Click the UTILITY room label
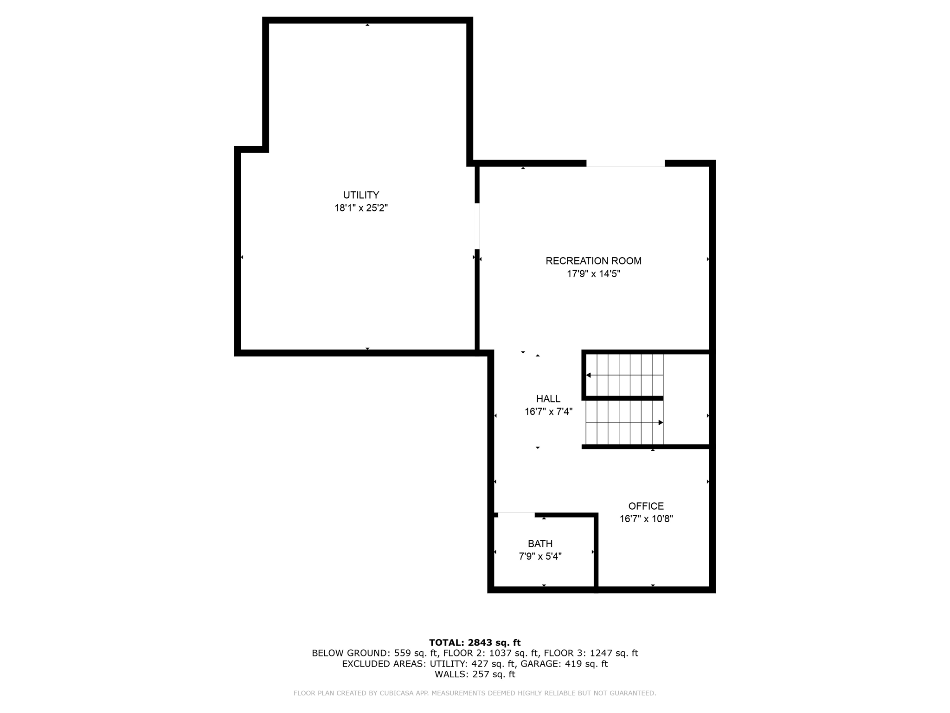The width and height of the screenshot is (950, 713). (x=361, y=195)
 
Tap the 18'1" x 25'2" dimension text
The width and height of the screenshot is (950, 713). (x=361, y=208)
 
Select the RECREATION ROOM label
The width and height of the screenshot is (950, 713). (x=593, y=261)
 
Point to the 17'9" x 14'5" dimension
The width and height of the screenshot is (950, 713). (x=593, y=274)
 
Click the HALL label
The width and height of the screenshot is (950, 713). (x=548, y=399)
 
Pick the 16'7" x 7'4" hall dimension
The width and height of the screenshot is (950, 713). (x=548, y=412)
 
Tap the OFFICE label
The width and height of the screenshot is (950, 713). (x=646, y=506)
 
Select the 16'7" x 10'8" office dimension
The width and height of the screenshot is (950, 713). (x=646, y=519)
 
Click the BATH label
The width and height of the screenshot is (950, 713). (x=540, y=544)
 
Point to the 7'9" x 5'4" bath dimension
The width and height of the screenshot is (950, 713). (x=540, y=557)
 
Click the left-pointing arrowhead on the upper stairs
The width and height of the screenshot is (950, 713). (x=589, y=375)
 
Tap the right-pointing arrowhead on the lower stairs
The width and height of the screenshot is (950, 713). (x=661, y=422)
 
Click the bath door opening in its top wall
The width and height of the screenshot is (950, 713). (x=516, y=514)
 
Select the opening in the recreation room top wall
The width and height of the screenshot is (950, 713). (x=625, y=164)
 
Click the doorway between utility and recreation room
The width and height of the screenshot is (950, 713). (x=478, y=226)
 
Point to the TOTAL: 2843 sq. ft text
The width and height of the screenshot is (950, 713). (x=475, y=642)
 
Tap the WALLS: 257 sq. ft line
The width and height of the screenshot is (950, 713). (x=475, y=674)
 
